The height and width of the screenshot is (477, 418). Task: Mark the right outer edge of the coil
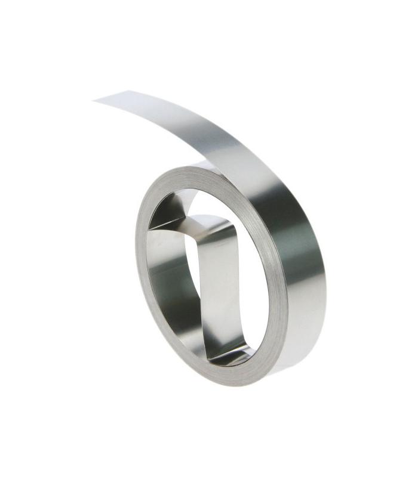[325, 286]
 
